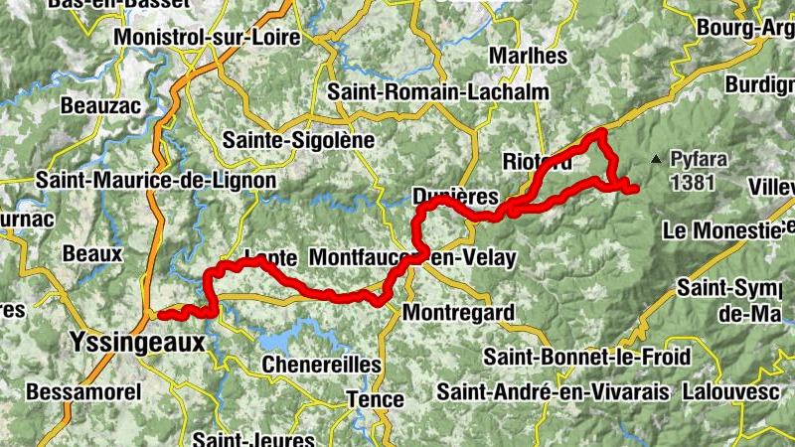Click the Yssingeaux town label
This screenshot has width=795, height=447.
136,343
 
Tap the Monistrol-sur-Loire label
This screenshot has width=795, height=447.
207,37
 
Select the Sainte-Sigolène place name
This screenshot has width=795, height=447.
298,140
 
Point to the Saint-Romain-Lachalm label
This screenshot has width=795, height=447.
438,92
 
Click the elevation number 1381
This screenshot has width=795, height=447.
693,182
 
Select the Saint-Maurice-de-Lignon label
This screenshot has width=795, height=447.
141,181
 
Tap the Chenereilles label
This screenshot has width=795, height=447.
321,366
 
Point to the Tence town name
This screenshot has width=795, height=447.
375,400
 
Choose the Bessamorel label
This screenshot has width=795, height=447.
82,391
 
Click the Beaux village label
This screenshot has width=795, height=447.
92,254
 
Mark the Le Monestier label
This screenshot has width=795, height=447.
728,230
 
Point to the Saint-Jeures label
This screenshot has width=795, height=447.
254,438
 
